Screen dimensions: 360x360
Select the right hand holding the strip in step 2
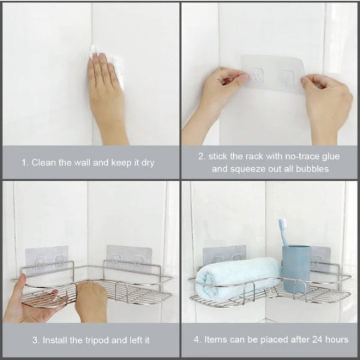click(x=327, y=100)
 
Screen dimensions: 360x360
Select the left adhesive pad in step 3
click(x=47, y=259)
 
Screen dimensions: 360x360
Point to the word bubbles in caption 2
click(x=311, y=169)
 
